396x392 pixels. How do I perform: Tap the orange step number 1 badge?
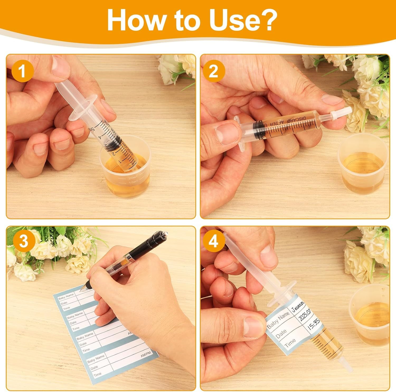(22, 71)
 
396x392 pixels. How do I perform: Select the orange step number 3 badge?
(23, 241)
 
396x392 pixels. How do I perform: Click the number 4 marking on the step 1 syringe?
(100, 137)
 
